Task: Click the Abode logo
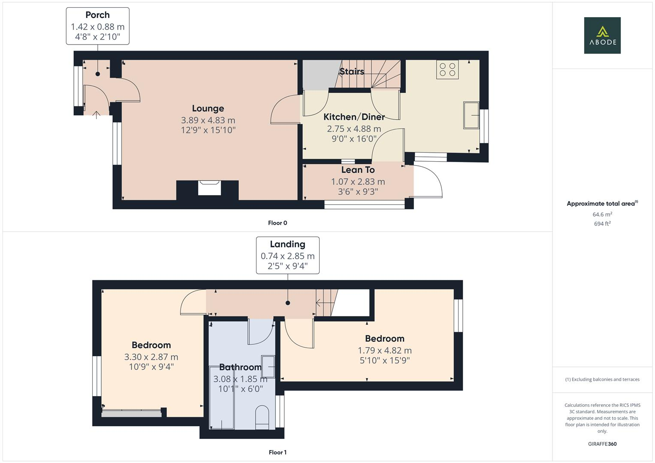[x=602, y=35]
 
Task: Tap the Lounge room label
[x=208, y=108]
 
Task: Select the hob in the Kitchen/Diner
[x=447, y=69]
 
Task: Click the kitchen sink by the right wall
[x=471, y=115]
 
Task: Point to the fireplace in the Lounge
[x=209, y=188]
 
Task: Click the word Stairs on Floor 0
[x=352, y=72]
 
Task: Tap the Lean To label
[x=358, y=170]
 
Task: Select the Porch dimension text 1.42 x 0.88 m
[x=97, y=27]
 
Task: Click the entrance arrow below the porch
[x=97, y=115]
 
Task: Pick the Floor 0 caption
[x=278, y=223]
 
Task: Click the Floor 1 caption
[x=278, y=452]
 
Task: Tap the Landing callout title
[x=287, y=244]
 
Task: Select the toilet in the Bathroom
[x=262, y=417]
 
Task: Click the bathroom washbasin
[x=269, y=367]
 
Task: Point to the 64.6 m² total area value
[x=602, y=214]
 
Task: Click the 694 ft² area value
[x=602, y=224]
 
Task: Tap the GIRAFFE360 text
[x=602, y=444]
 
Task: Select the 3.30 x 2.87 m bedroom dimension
[x=151, y=357]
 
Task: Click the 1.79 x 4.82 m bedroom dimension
[x=385, y=350]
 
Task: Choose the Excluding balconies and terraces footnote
[x=602, y=379]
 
